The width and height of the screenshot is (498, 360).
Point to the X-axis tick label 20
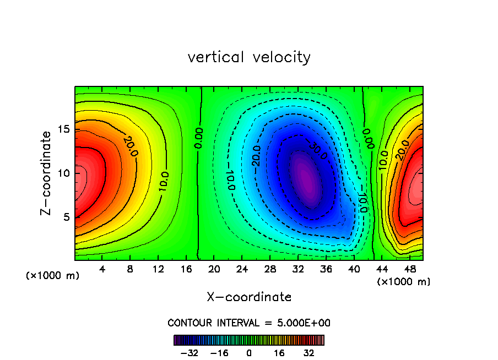click(x=214, y=269)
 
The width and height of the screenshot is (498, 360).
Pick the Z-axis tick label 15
click(x=64, y=129)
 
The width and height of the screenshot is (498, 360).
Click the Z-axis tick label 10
click(x=64, y=173)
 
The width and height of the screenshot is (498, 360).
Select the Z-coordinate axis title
click(x=48, y=173)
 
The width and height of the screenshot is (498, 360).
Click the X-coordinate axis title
click(x=249, y=297)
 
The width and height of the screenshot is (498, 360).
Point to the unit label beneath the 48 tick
click(x=404, y=282)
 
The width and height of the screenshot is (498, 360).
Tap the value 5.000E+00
click(x=305, y=323)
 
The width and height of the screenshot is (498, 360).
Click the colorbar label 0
click(x=249, y=353)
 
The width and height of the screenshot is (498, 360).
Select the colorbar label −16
click(x=220, y=353)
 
